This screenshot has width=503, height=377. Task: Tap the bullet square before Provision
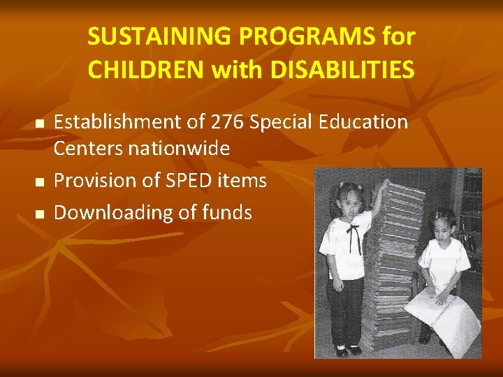[40, 182]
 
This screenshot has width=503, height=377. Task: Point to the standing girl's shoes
[349, 349]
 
